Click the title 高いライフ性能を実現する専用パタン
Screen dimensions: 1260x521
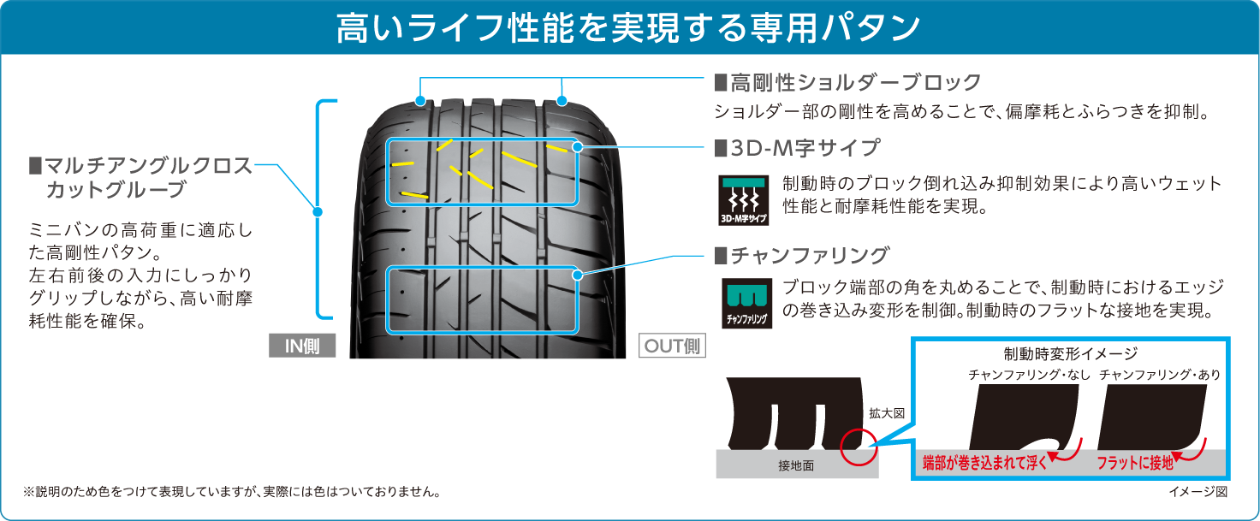pyautogui.click(x=627, y=28)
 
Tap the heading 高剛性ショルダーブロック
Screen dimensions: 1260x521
pyautogui.click(x=847, y=83)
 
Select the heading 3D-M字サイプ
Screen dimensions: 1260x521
pyautogui.click(x=797, y=148)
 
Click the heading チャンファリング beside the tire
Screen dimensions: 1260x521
pyautogui.click(x=801, y=255)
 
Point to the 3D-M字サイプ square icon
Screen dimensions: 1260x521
pyautogui.click(x=743, y=200)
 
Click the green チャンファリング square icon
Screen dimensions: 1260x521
pyautogui.click(x=746, y=303)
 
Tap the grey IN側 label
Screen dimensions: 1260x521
pyautogui.click(x=302, y=346)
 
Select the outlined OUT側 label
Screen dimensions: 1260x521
pyautogui.click(x=672, y=346)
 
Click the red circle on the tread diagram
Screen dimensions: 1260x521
pyautogui.click(x=859, y=447)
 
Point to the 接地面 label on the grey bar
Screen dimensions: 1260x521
pyautogui.click(x=796, y=465)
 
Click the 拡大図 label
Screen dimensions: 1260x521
pyautogui.click(x=887, y=414)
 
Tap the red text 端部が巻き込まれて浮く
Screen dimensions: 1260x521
pyautogui.click(x=984, y=463)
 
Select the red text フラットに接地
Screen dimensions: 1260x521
pyautogui.click(x=1134, y=463)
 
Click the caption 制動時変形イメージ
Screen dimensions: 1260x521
pyautogui.click(x=1071, y=353)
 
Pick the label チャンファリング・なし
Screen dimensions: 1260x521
pyautogui.click(x=1029, y=375)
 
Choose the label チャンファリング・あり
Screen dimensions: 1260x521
pyautogui.click(x=1160, y=375)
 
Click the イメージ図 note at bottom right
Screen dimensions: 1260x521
pyautogui.click(x=1198, y=492)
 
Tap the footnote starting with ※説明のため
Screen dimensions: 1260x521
pyautogui.click(x=231, y=492)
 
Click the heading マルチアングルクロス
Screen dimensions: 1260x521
pyautogui.click(x=140, y=166)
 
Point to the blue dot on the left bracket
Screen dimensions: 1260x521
pyautogui.click(x=318, y=212)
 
